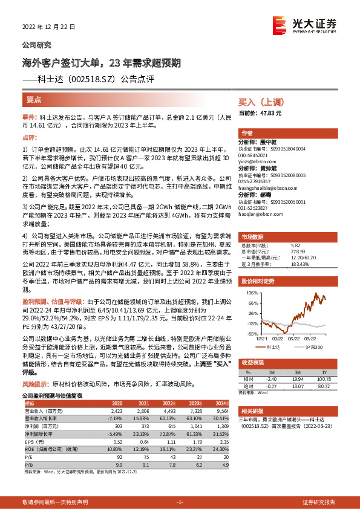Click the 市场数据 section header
[254, 236]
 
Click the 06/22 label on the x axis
[294, 339]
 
